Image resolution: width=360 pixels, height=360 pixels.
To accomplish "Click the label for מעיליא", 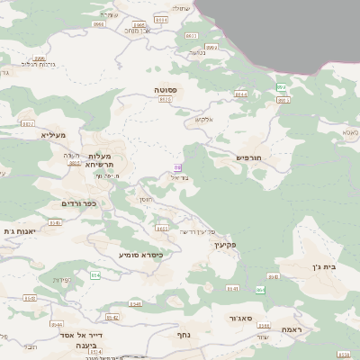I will pos(53,135).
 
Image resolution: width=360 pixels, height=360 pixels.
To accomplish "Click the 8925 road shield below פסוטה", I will pos(164,100).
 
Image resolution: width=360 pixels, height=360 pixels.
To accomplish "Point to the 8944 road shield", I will pos(240,94).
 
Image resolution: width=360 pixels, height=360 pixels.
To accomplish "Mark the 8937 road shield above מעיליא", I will pos(28,123).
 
